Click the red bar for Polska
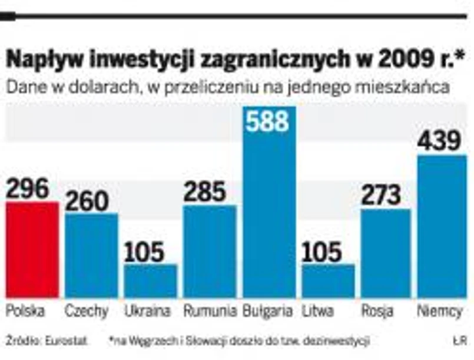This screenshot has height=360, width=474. point(32,250)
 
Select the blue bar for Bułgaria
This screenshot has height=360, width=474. point(269,212)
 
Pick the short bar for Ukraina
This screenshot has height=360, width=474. point(151,281)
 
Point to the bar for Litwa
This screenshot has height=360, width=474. point(328,281)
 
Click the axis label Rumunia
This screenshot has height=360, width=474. point(210,311)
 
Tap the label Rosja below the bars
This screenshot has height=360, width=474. point(377,311)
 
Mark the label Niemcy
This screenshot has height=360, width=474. point(443,311)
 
